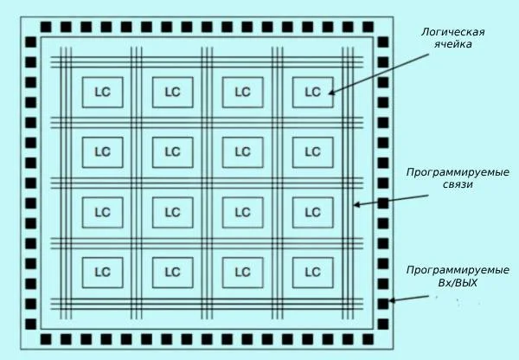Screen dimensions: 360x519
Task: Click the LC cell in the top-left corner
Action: [x=102, y=93]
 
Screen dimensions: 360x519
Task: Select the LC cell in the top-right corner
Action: [x=312, y=93]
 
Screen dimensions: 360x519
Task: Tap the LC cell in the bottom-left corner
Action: [x=102, y=272]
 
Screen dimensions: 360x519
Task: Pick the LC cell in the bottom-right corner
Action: [x=312, y=272]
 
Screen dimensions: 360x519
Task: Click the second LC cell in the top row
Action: [x=172, y=93]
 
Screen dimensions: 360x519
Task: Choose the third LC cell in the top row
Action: [x=242, y=93]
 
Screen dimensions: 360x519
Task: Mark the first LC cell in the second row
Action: [x=102, y=152]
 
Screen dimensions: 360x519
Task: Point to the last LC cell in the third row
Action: [x=312, y=212]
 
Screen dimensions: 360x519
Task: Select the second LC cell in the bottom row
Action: [x=172, y=272]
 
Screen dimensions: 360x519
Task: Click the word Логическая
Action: [x=452, y=32]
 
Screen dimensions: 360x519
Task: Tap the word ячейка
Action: [x=452, y=45]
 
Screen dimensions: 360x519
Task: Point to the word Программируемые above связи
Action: [x=458, y=172]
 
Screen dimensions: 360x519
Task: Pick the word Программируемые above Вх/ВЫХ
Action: [x=458, y=270]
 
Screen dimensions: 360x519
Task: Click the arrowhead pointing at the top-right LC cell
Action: [x=331, y=91]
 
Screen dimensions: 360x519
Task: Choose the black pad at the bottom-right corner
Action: [x=383, y=338]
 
